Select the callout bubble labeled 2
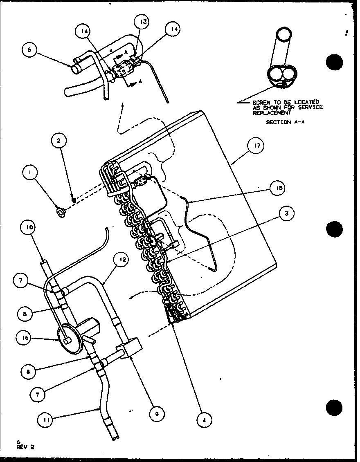click(x=59, y=141)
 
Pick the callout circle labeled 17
click(x=257, y=146)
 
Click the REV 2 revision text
click(x=25, y=446)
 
